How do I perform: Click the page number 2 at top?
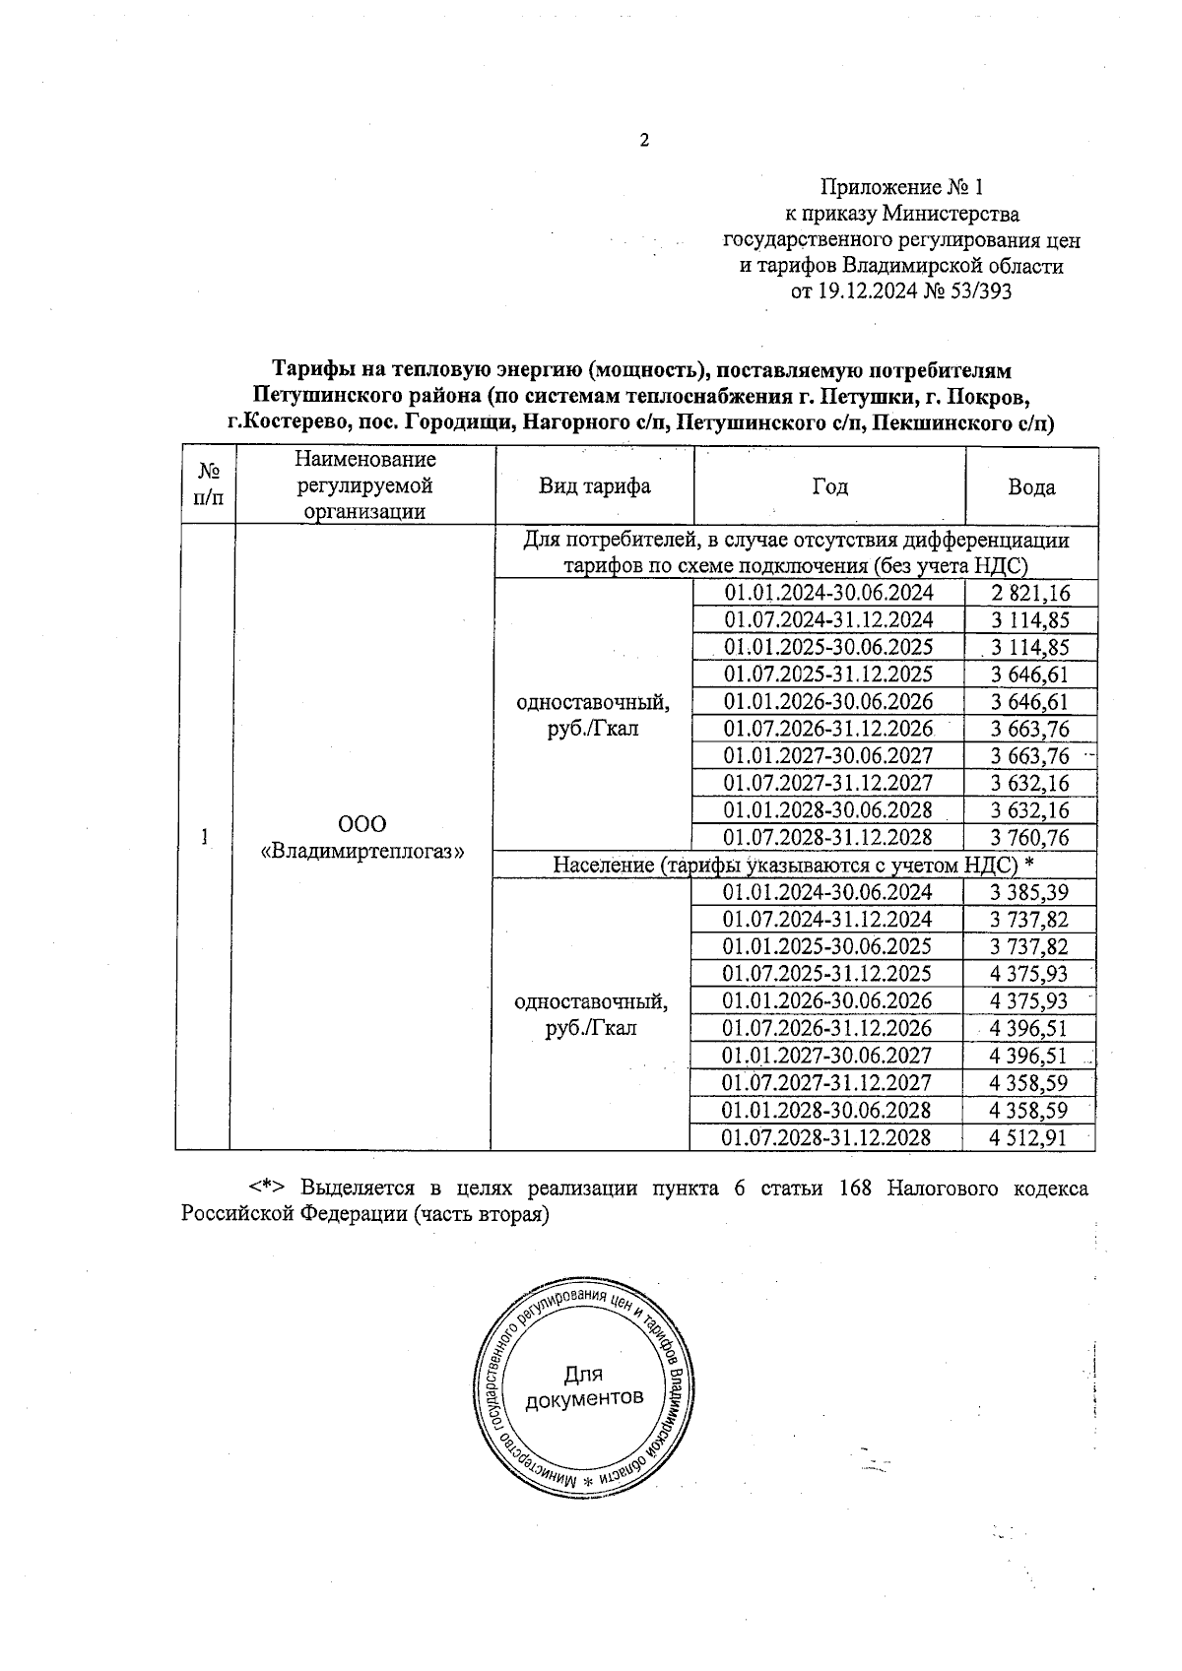click(644, 141)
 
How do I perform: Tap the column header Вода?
click(1031, 487)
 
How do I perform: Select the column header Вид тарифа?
click(594, 486)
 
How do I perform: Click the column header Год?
click(829, 486)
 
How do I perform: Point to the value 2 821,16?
click(1030, 593)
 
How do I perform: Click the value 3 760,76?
click(1030, 838)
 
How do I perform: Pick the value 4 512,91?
click(1029, 1138)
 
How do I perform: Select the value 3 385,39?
click(1029, 893)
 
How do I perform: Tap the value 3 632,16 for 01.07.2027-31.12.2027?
click(1030, 784)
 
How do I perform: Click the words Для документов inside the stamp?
click(585, 1386)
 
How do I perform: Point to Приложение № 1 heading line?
click(902, 187)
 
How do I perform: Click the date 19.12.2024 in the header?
click(866, 291)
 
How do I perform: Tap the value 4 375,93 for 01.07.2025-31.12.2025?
click(1029, 975)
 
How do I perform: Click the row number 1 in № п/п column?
click(204, 837)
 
